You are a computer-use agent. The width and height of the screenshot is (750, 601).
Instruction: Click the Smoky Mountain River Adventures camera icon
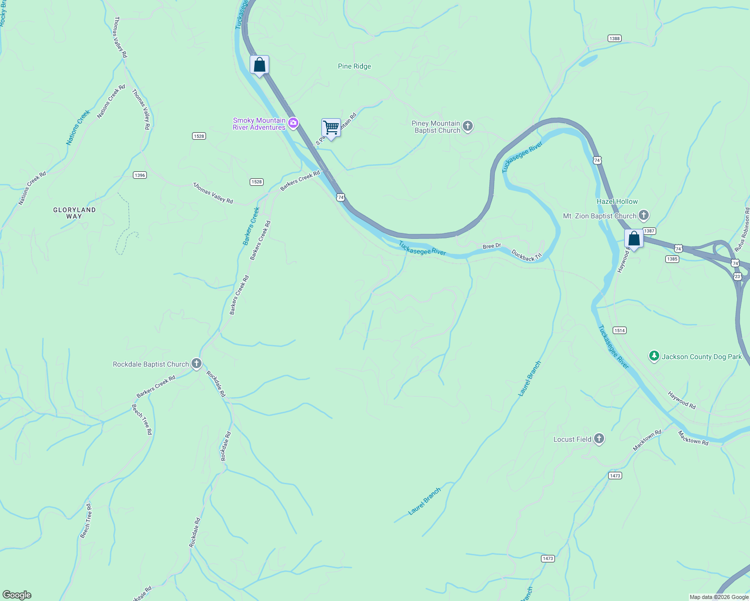[x=293, y=123]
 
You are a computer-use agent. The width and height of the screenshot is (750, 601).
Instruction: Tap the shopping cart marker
[x=331, y=128]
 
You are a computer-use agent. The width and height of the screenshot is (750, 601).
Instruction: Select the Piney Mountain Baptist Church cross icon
[x=468, y=126]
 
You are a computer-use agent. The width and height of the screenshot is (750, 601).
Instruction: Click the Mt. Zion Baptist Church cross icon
[x=644, y=216]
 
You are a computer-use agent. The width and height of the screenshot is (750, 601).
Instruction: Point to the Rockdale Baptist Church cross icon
[x=197, y=364]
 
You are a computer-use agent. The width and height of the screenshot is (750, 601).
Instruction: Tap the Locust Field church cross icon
[x=599, y=439]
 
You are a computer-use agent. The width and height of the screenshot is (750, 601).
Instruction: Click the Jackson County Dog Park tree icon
[x=654, y=357]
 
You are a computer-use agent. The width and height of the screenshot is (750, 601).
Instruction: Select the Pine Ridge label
[x=354, y=66]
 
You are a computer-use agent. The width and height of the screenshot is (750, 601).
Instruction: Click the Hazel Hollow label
[x=617, y=201]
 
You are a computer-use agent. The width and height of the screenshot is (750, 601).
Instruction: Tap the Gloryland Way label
[x=74, y=213]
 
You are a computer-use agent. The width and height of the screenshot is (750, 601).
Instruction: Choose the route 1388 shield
[x=614, y=39]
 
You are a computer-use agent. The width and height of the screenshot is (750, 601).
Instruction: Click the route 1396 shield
[x=140, y=175]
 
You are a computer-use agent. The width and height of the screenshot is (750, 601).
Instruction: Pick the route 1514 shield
[x=620, y=331]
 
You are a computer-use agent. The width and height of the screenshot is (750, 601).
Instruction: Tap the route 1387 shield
[x=649, y=231]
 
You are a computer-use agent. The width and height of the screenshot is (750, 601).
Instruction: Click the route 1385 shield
[x=672, y=259]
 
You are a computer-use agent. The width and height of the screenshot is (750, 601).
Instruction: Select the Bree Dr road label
[x=491, y=246]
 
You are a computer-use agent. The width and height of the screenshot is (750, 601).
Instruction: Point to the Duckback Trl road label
[x=527, y=255]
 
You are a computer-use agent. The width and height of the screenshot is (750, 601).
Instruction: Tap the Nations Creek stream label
[x=78, y=128]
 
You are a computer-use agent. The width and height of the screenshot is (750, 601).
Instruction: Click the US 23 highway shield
[x=737, y=276]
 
